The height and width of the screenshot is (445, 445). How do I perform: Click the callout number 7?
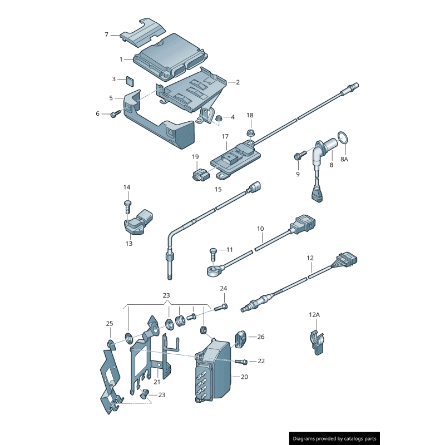pos(107,34)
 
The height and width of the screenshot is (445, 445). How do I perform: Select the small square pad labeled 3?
pos(130,81)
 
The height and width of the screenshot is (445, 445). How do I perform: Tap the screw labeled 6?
pos(116,113)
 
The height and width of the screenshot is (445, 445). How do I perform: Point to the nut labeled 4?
pos(219,117)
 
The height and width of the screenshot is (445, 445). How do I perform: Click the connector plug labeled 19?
pos(197,176)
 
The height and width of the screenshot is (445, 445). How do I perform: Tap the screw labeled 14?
pos(127,205)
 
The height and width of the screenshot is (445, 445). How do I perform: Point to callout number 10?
pos(260,229)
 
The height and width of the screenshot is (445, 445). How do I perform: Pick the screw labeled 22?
pos(241,362)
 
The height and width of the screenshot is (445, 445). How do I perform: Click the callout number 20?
pos(244,377)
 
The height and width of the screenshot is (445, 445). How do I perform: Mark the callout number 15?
pos(218,189)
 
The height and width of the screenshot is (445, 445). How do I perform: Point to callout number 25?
pos(110,324)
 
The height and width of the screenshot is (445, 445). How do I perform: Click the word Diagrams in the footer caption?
pos(308,439)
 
